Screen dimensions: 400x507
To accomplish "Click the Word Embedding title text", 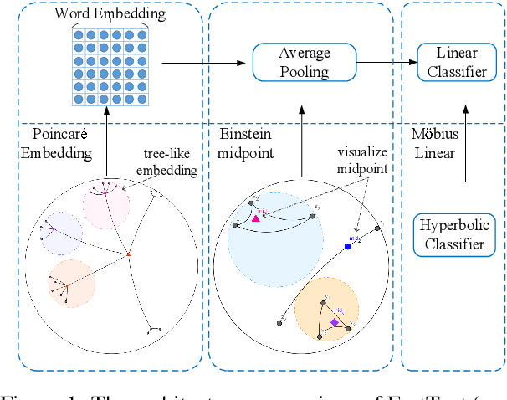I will pyautogui.click(x=110, y=13).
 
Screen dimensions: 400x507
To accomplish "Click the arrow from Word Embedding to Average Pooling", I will pyautogui.click(x=199, y=61).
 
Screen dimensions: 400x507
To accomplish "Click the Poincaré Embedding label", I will pyautogui.click(x=59, y=143).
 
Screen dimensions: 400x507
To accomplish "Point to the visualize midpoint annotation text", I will pyautogui.click(x=364, y=162).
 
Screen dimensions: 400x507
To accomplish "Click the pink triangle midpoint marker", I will pyautogui.click(x=257, y=217).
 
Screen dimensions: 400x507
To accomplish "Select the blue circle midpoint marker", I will pyautogui.click(x=348, y=246).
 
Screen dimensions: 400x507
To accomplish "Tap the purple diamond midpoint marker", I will pyautogui.click(x=334, y=321).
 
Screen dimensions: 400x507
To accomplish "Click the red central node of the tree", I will pyautogui.click(x=128, y=254).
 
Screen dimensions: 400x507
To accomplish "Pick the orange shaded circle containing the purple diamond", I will pyautogui.click(x=327, y=308).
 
